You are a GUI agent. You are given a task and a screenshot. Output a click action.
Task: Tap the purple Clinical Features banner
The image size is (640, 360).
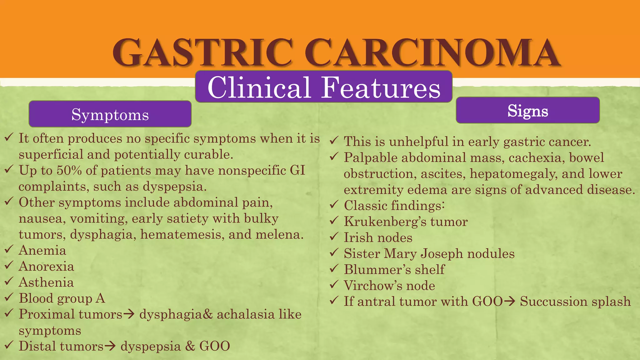pyautogui.click(x=324, y=87)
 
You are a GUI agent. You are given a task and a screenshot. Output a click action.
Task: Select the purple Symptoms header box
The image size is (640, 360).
pyautogui.click(x=110, y=114)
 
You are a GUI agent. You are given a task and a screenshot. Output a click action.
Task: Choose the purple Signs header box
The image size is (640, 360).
pyautogui.click(x=527, y=110)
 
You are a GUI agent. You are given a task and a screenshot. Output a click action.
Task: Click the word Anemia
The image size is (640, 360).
pyautogui.click(x=42, y=251)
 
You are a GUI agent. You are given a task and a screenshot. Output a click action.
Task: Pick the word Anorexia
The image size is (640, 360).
pyautogui.click(x=46, y=267)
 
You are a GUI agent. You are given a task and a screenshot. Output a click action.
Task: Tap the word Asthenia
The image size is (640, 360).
pyautogui.click(x=46, y=282)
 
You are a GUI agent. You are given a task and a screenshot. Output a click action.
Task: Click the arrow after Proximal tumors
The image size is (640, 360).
pyautogui.click(x=129, y=314)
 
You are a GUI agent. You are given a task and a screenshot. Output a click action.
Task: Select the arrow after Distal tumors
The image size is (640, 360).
pyautogui.click(x=110, y=346)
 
